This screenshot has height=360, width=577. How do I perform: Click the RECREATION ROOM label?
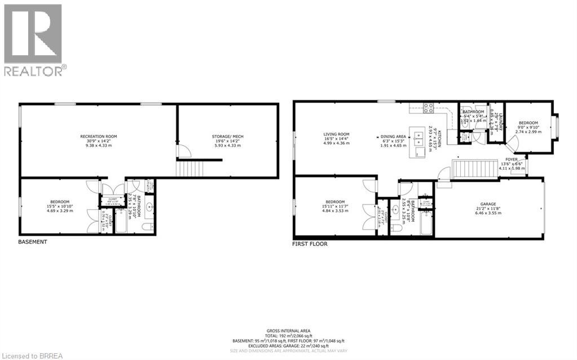98,137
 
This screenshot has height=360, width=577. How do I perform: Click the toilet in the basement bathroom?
148,227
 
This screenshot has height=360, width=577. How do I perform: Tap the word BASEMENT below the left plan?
32,242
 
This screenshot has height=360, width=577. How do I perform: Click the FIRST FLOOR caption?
310,244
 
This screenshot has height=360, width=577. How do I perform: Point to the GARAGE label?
488,205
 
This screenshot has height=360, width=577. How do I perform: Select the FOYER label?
511,160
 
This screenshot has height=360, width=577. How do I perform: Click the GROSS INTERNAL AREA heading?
288,331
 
